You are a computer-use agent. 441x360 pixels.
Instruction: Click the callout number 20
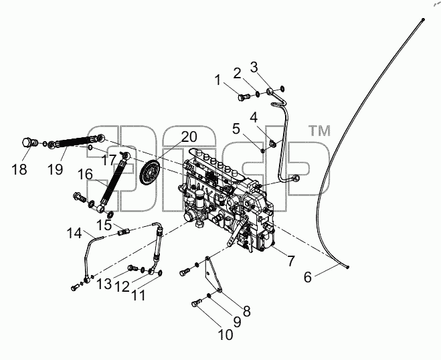point(189,137)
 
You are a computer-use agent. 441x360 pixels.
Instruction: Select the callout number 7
point(291,261)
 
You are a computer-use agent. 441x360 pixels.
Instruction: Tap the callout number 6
point(308,277)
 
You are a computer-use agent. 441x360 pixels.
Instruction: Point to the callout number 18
point(19,169)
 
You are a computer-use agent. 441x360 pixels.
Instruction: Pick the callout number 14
point(74,233)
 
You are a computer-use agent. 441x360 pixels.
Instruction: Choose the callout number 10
point(226,335)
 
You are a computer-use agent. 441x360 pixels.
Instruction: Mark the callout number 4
point(254,117)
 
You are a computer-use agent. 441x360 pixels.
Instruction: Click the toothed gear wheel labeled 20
point(149,171)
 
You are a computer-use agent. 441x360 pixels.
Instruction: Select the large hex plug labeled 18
point(29,143)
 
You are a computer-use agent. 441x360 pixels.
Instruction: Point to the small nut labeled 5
point(263,151)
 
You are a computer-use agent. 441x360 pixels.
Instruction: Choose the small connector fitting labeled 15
point(124,232)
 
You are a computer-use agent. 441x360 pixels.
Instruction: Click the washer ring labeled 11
point(160,272)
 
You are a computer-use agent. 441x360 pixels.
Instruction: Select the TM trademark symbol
point(319,130)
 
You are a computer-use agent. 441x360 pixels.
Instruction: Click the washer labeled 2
point(258,94)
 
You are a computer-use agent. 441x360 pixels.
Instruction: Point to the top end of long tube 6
point(423,19)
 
